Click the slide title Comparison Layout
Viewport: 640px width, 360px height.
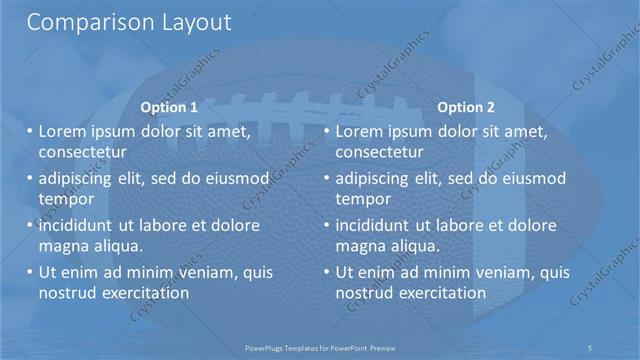point(129,22)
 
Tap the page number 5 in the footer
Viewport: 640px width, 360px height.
point(590,346)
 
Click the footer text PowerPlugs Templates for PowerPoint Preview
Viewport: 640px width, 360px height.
point(320,346)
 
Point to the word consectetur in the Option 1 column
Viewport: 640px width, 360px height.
point(82,152)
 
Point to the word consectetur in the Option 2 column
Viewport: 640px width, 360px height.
point(379,152)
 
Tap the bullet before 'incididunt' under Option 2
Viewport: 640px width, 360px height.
point(326,226)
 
